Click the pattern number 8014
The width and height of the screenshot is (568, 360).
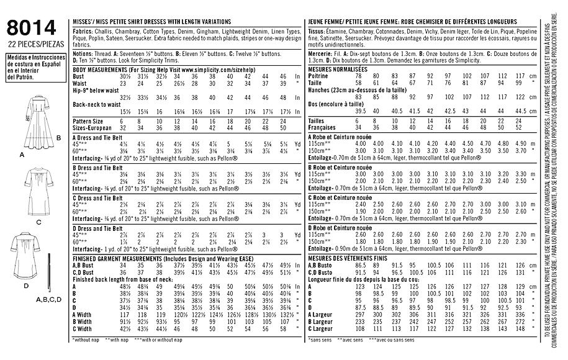(x=30, y=27)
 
